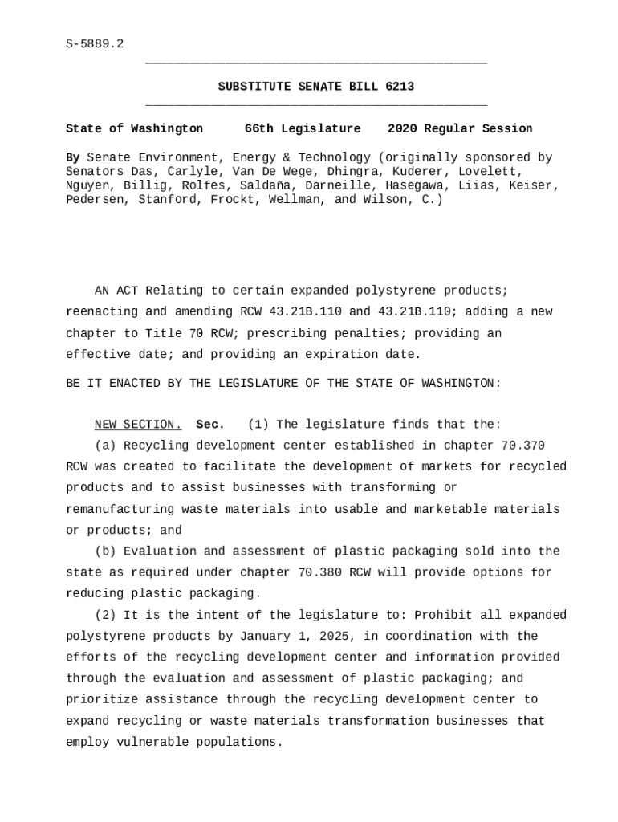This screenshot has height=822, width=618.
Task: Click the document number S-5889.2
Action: [95, 43]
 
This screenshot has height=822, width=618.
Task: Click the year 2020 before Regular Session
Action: [402, 128]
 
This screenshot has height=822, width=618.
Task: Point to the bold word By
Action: [72, 157]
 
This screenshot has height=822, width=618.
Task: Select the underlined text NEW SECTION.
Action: [138, 425]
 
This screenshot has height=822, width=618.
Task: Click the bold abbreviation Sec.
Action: [210, 425]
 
